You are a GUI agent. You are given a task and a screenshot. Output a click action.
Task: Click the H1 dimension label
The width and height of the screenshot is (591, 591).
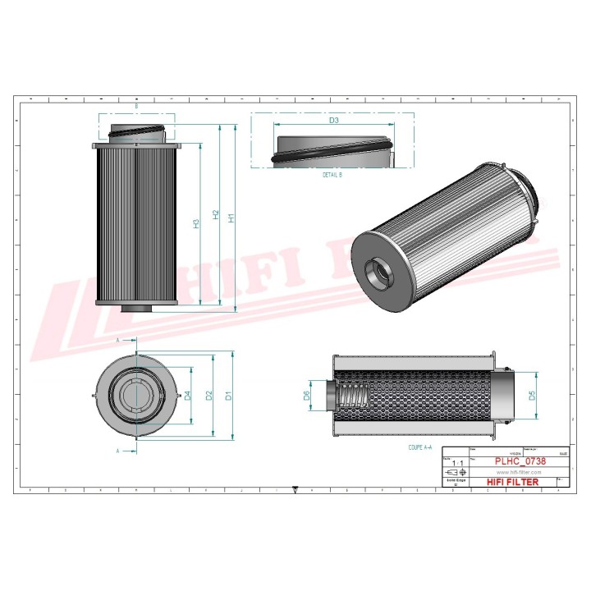(231, 218)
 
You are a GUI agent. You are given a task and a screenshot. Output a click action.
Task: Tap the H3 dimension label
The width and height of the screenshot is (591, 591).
(196, 222)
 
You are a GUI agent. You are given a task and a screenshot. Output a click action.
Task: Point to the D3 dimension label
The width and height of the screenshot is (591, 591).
(334, 121)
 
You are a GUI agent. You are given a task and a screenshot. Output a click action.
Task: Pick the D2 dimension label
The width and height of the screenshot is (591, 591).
(209, 396)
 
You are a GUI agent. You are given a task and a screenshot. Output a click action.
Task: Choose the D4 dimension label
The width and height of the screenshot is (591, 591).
(188, 396)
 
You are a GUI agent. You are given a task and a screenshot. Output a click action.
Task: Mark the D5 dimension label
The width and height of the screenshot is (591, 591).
(532, 396)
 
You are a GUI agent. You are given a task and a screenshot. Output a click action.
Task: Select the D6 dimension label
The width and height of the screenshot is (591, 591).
(307, 396)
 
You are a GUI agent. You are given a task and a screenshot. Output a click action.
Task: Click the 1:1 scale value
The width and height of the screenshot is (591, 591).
(458, 464)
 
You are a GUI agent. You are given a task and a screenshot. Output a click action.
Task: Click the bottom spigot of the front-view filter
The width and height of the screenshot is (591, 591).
(136, 308)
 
